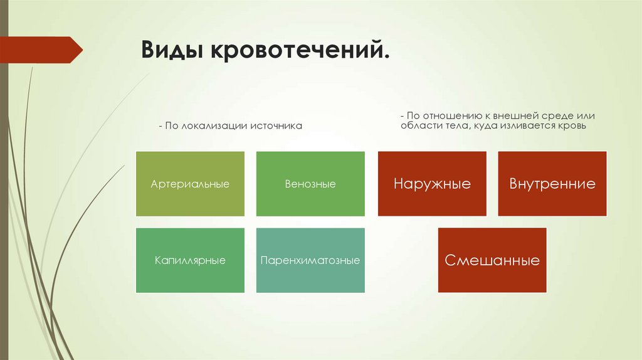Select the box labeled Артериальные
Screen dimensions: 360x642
point(190,184)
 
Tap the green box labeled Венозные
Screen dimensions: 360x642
point(310,184)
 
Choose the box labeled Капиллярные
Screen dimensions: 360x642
point(190,260)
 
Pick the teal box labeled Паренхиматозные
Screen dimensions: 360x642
point(310,260)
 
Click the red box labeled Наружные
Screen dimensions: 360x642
point(432,184)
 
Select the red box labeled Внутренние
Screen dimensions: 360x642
point(552,184)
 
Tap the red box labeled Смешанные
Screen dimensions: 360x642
point(492,260)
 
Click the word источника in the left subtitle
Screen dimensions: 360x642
point(276,126)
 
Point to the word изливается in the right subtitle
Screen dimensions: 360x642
point(525,125)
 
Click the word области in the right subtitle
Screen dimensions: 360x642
point(421,125)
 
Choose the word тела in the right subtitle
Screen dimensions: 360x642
point(458,125)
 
